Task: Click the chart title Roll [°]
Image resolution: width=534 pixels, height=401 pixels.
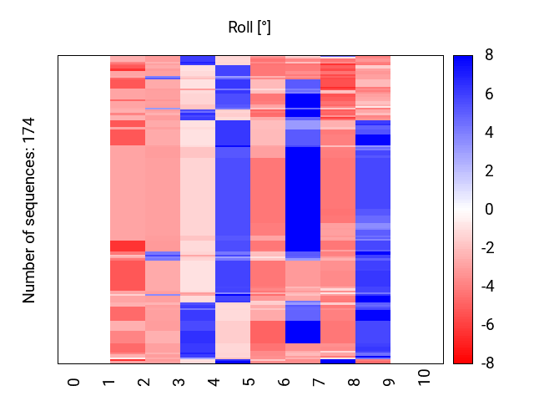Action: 249,28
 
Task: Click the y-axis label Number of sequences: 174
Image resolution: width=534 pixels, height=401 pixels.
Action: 30,210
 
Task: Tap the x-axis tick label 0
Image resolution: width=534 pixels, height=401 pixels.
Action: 74,382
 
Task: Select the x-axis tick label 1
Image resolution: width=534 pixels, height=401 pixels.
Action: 109,382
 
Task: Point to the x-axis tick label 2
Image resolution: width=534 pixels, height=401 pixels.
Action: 144,382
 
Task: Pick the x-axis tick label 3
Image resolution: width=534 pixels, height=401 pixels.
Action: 179,382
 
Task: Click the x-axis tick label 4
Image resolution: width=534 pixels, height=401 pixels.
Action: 214,382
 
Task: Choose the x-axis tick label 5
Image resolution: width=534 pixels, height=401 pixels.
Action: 249,382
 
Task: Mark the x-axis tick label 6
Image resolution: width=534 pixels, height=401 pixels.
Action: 285,382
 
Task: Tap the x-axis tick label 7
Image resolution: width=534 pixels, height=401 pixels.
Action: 320,382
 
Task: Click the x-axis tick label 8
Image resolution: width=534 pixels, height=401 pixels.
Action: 355,382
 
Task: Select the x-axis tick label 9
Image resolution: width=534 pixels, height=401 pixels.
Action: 390,382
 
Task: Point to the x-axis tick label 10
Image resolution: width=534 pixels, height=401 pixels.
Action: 425,378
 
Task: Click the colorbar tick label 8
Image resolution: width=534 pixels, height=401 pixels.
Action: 489,56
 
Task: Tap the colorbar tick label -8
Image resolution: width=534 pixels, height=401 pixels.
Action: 486,363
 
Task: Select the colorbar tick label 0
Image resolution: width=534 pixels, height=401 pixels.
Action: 489,210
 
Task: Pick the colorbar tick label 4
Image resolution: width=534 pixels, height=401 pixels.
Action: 489,133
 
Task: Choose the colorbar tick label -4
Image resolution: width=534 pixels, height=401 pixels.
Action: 486,287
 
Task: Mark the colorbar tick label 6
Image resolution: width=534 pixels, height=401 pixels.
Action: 489,94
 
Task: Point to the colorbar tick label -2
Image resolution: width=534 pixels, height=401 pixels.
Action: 486,248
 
